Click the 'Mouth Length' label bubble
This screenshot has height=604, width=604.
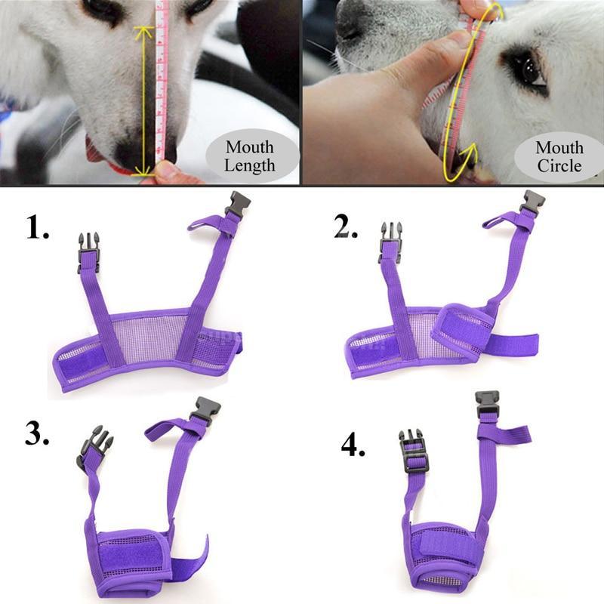pyautogui.click(x=250, y=156)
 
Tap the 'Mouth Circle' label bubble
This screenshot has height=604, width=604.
pyautogui.click(x=559, y=156)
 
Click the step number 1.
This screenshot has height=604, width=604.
pyautogui.click(x=38, y=226)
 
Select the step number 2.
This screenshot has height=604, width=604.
pyautogui.click(x=347, y=226)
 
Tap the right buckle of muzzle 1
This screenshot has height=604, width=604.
pyautogui.click(x=237, y=205)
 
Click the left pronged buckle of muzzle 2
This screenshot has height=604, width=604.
pyautogui.click(x=390, y=241)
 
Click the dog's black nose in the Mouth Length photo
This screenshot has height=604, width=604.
pyautogui.click(x=143, y=150)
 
